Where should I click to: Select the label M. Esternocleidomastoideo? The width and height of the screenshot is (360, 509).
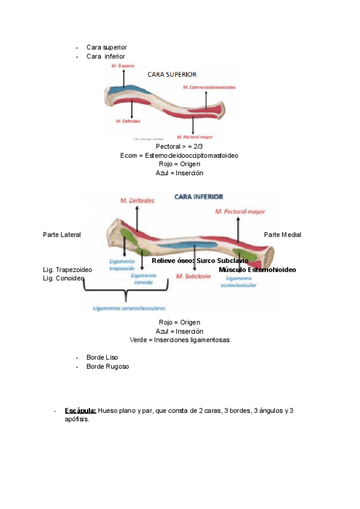tap(208, 88)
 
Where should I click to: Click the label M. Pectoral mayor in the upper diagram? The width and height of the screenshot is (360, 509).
tap(193, 136)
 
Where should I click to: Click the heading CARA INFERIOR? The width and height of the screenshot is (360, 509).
tap(199, 196)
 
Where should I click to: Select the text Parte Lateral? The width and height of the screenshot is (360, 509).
tap(62, 235)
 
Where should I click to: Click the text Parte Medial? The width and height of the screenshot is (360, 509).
tap(283, 235)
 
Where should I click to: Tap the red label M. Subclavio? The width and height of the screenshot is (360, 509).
tap(193, 276)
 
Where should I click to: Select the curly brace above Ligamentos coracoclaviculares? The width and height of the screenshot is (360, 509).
tap(125, 294)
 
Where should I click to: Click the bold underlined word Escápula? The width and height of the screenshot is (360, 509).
tap(80, 411)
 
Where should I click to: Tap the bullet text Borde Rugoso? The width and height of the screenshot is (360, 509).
tap(107, 366)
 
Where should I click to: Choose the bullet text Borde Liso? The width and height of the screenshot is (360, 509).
tap(103, 357)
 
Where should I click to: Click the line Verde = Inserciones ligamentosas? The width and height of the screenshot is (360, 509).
tap(179, 340)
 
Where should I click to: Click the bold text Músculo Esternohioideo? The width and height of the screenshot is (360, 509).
tap(257, 270)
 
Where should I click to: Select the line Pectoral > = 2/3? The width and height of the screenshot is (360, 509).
tap(179, 146)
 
